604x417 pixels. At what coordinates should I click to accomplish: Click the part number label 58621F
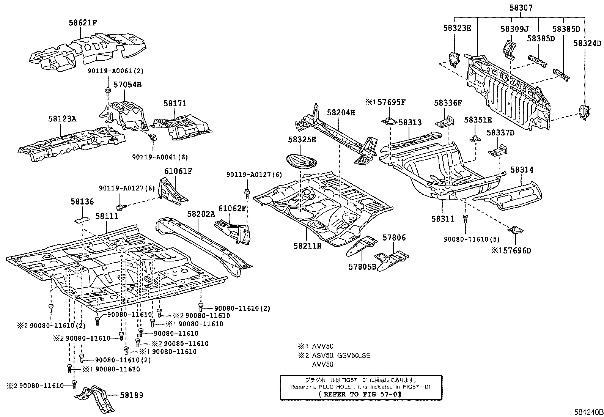(x=82, y=23)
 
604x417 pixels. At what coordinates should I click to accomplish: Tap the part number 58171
(x=175, y=103)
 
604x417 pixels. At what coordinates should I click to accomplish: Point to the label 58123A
(x=62, y=119)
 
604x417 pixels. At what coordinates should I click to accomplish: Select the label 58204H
(x=341, y=113)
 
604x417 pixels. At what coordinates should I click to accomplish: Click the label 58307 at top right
(x=520, y=8)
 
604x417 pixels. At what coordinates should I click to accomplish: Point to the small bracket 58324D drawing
(x=584, y=113)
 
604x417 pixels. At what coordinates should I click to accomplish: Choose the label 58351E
(x=478, y=120)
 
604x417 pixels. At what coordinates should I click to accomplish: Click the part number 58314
(x=522, y=170)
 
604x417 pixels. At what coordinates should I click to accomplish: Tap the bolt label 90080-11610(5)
(x=472, y=239)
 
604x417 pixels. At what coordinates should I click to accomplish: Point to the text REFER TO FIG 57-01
(x=360, y=394)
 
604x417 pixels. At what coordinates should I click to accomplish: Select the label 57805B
(x=362, y=267)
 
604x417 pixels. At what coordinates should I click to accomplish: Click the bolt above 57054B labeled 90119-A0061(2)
(x=108, y=91)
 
